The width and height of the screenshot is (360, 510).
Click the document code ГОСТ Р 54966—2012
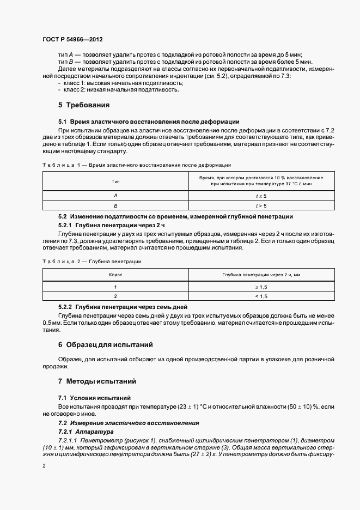72,40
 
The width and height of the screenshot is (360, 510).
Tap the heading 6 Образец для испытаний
105,345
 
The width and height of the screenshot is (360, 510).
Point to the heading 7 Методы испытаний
97,381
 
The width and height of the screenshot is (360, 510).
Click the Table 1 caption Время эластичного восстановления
137,164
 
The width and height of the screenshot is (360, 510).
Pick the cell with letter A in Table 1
115,195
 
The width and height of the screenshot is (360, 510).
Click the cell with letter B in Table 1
115,205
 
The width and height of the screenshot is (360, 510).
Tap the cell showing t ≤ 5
261,195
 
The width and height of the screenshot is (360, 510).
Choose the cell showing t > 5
261,205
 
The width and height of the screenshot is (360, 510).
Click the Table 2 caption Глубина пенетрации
91,262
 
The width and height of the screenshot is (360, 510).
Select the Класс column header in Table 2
115,276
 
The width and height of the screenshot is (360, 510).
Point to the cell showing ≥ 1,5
261,286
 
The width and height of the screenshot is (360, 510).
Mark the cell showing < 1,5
261,296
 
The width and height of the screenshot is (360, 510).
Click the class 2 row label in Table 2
115,296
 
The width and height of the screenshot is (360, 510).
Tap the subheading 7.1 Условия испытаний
94,398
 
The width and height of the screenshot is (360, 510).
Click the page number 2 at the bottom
44,466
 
